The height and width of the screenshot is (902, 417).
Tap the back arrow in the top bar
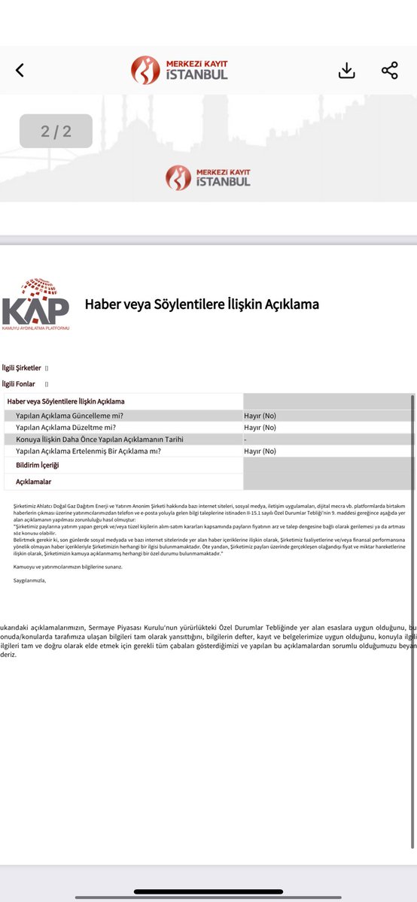[20, 71]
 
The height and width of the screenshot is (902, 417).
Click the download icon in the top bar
[346, 71]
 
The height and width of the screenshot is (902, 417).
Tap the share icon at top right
[389, 71]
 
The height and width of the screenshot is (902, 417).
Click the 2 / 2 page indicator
[56, 132]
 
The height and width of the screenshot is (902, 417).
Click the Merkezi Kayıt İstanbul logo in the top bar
[179, 70]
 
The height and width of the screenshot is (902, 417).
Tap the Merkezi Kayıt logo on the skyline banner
[208, 177]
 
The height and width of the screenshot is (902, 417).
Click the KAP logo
[35, 304]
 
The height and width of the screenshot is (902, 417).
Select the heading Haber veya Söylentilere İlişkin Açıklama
[202, 304]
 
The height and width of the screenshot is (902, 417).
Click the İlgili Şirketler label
[22, 368]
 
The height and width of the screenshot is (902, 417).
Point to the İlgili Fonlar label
[19, 384]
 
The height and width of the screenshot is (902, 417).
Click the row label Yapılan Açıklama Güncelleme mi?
[69, 416]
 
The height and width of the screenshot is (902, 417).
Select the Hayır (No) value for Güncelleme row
[260, 416]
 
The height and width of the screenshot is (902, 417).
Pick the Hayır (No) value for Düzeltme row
[260, 428]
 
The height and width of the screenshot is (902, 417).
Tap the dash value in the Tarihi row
[245, 439]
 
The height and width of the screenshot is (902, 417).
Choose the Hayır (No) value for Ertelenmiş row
[260, 451]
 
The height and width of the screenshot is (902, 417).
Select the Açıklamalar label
[34, 482]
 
